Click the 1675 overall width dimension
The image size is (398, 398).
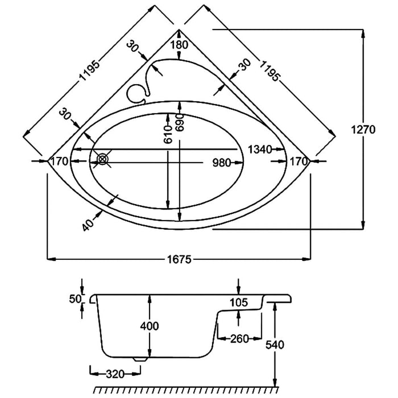click(179, 260)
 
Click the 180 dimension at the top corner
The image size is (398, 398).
click(179, 45)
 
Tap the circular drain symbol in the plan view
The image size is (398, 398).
click(102, 160)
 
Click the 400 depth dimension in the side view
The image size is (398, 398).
click(149, 326)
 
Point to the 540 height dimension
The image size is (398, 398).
click(275, 345)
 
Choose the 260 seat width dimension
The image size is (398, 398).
click(239, 339)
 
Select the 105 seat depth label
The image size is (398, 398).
click(239, 302)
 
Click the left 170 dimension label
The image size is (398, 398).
click(60, 161)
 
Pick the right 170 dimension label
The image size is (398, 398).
click(298, 161)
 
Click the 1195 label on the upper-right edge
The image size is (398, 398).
click(269, 69)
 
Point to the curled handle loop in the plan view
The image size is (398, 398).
click(137, 92)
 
